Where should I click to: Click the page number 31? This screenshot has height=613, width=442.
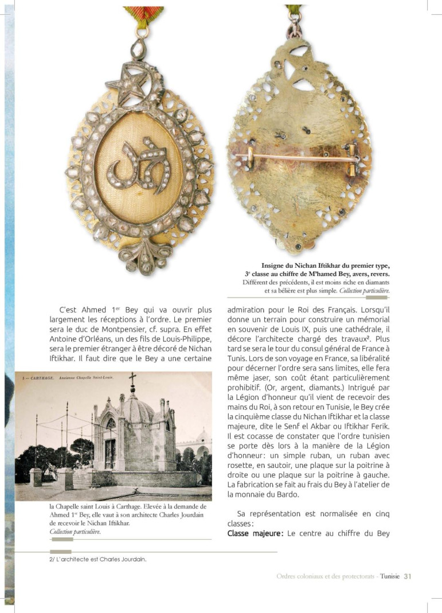point(408,576)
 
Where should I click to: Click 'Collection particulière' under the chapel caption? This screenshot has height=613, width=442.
point(75,532)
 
